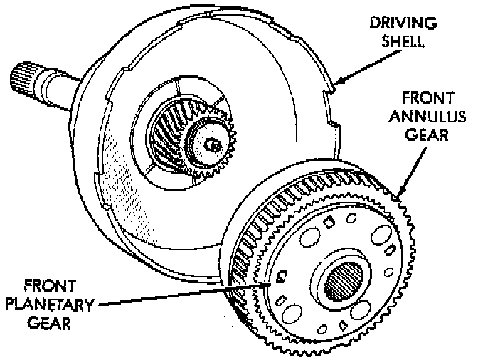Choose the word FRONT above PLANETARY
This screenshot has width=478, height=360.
click(x=48, y=286)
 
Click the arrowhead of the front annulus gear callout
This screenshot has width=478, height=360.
click(x=400, y=193)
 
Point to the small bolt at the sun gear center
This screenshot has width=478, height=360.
click(x=211, y=145)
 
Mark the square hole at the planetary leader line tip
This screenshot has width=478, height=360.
click(x=282, y=277)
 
